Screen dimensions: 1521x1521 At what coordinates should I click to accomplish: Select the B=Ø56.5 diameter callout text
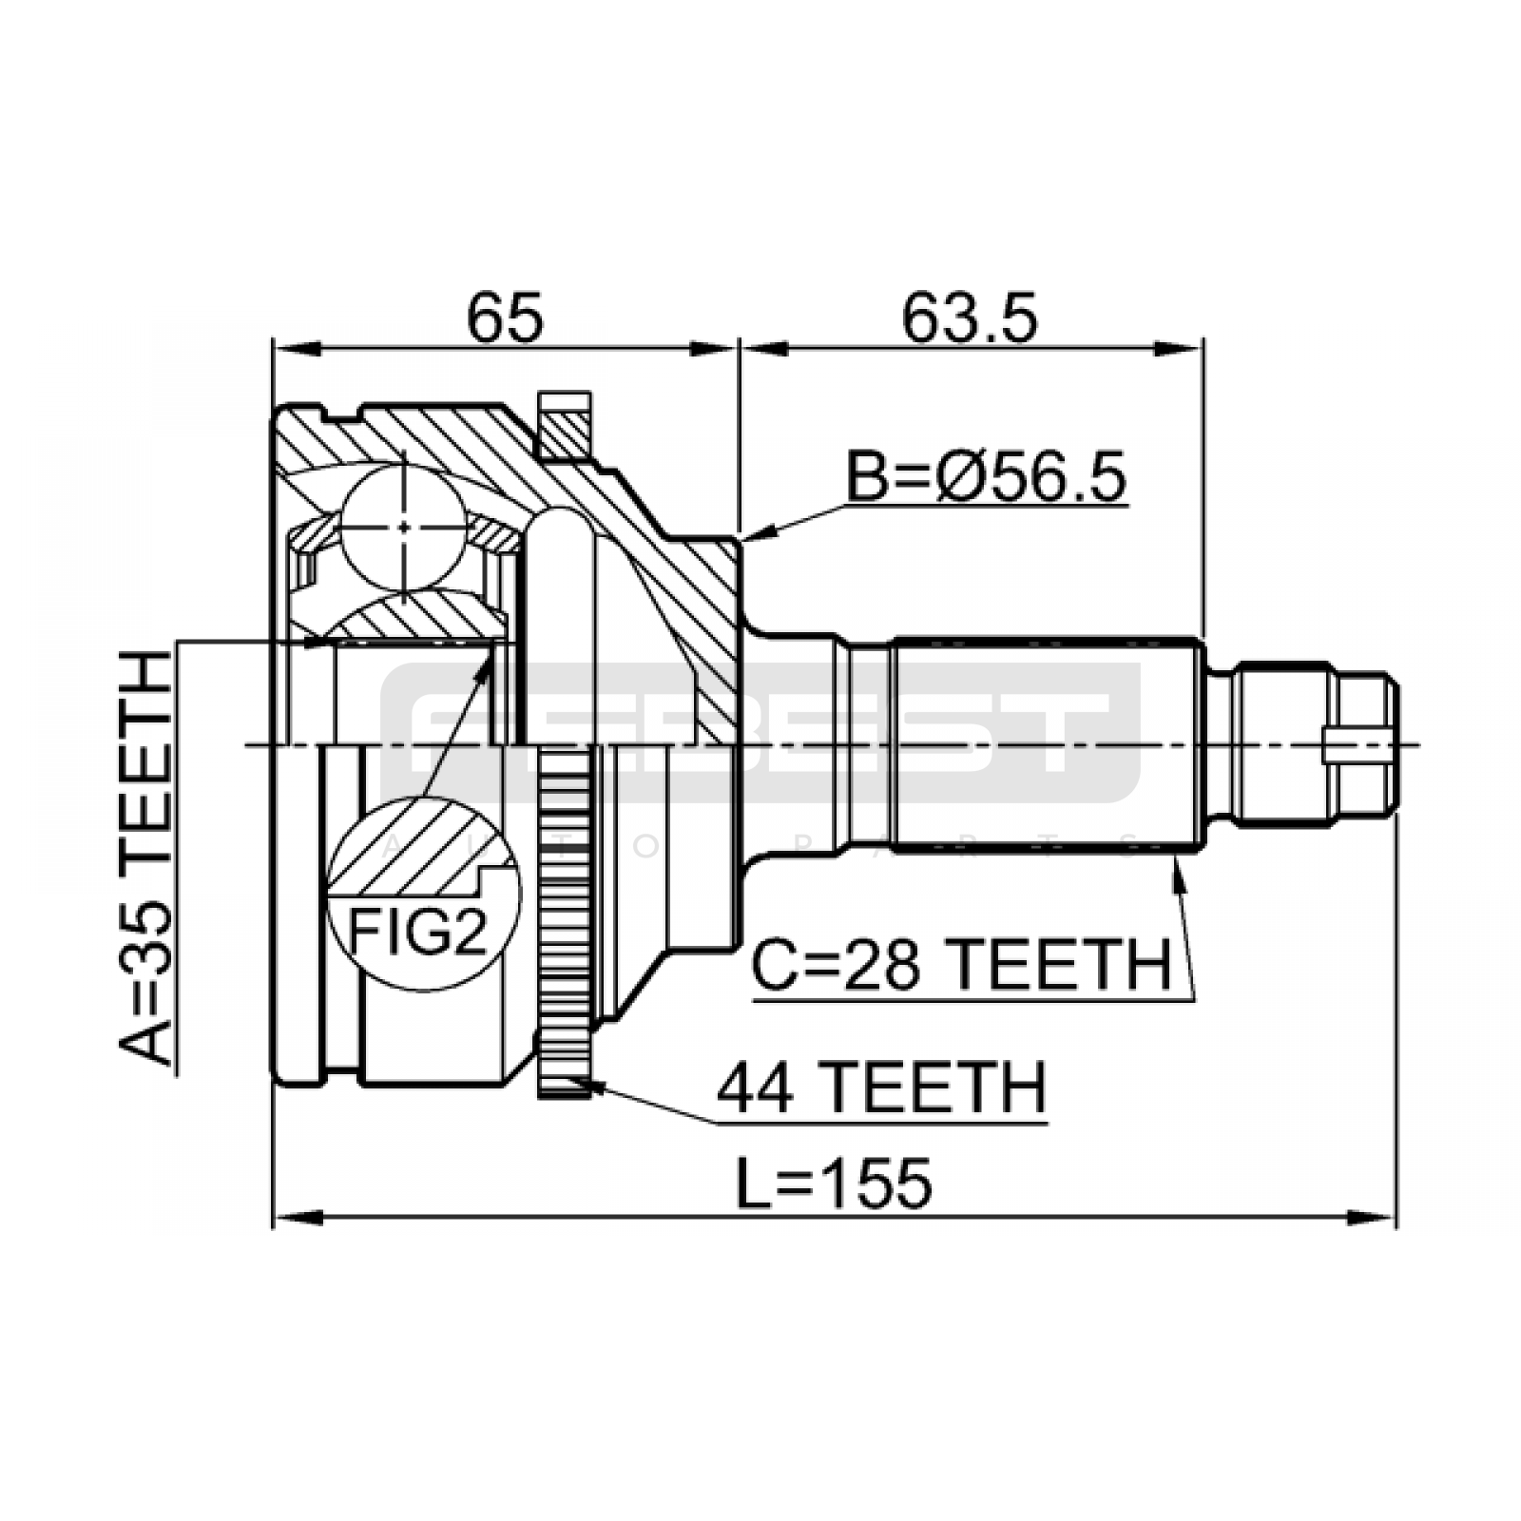pos(987,477)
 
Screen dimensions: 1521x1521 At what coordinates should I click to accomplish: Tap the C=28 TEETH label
pos(961,966)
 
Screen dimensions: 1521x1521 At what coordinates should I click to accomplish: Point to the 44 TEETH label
pos(881,1088)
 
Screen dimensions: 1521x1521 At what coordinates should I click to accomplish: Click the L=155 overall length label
pos(835,1184)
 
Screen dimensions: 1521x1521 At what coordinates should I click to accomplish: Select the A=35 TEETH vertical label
pos(146,857)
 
